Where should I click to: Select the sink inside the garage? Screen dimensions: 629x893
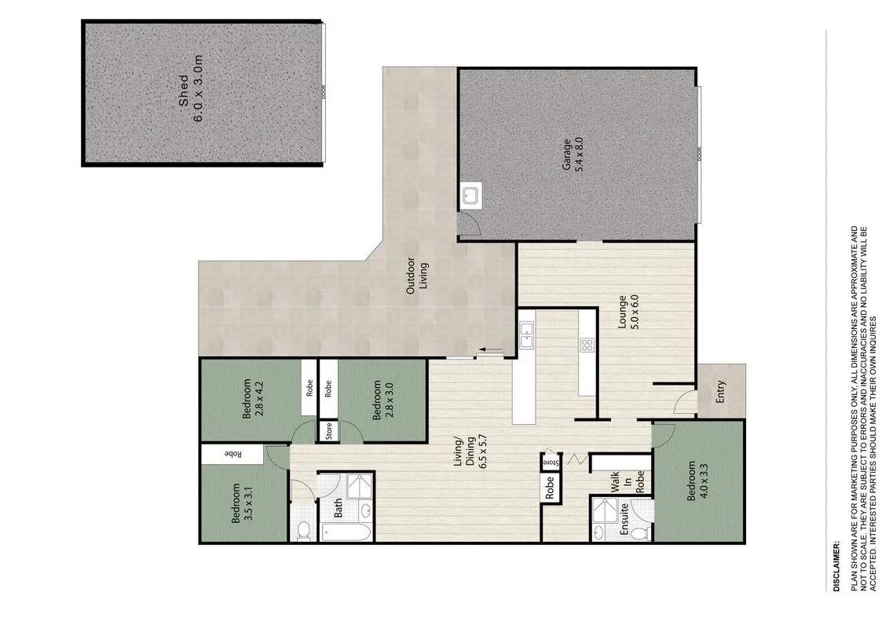[x=471, y=196]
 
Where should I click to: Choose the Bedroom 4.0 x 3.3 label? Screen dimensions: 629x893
[x=698, y=481]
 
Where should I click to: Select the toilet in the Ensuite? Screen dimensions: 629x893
[x=639, y=532]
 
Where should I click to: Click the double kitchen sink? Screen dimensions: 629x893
[x=526, y=335]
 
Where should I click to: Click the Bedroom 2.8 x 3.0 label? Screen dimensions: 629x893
[x=382, y=400]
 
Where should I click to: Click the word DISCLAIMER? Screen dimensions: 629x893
[x=836, y=565]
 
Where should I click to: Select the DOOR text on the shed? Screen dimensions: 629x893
[x=322, y=92]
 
